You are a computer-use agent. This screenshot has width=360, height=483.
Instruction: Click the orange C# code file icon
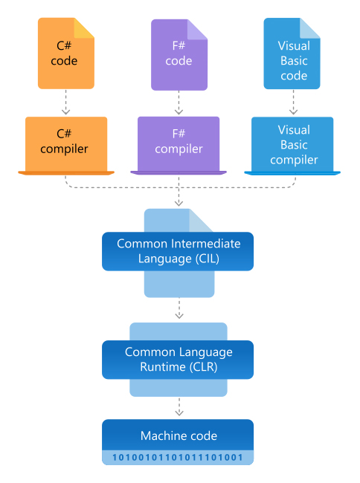coord(66,54)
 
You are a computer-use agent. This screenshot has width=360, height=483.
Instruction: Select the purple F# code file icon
coord(179,55)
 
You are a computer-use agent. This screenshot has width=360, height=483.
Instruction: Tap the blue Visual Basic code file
coord(292,54)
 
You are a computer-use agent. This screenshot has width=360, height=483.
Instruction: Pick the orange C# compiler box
coord(66,146)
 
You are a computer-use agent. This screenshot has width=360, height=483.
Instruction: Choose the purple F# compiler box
coord(179,146)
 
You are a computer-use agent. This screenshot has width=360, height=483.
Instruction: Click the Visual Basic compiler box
coord(292,146)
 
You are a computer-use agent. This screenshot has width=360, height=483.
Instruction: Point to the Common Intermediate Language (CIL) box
coord(178,251)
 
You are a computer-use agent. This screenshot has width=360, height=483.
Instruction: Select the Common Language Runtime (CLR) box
coord(178,360)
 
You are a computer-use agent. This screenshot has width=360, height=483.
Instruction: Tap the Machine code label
coord(179,436)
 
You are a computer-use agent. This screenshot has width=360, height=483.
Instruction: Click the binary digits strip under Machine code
coord(178,458)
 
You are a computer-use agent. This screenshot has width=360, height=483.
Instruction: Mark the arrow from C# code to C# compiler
coord(66,103)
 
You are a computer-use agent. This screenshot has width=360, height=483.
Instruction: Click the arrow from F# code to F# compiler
coord(179,103)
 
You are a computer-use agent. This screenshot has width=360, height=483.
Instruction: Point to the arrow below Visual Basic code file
coord(293,103)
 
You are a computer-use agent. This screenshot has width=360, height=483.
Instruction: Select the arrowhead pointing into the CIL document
coord(179,203)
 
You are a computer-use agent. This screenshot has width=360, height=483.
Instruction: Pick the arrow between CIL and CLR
coord(179,308)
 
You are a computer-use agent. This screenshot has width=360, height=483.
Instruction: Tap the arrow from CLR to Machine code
coord(179,406)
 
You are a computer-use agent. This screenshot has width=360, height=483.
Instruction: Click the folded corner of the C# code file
coord(84,28)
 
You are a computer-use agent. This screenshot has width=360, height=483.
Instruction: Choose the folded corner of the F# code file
coord(197,30)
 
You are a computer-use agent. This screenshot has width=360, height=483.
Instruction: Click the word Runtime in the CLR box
coord(163,367)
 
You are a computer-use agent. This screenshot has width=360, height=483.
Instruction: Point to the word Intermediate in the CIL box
coord(205,244)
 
